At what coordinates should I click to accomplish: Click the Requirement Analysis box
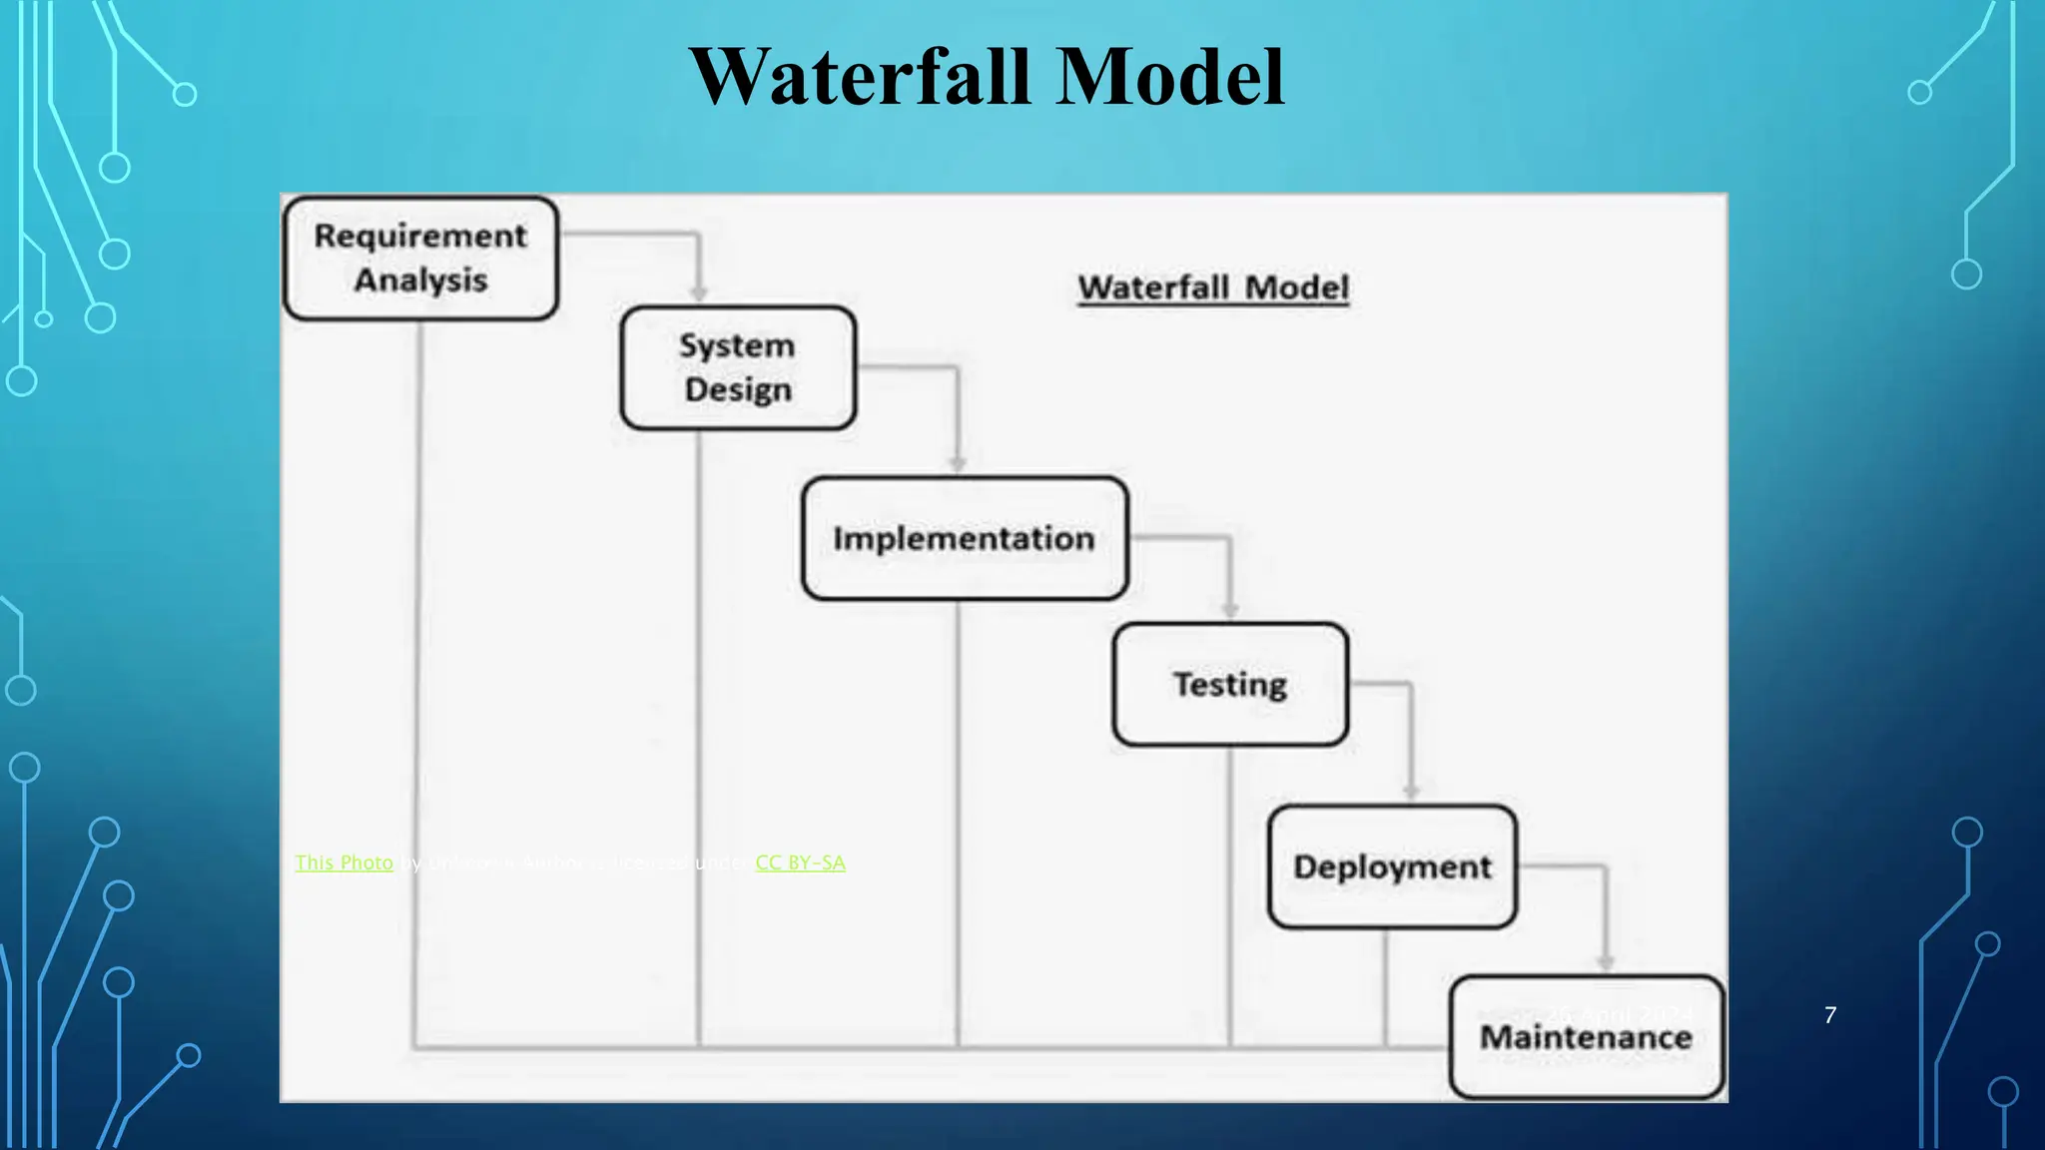[420, 259]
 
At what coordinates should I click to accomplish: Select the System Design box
[738, 368]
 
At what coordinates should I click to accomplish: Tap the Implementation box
[965, 538]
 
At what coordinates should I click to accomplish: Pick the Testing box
[1230, 685]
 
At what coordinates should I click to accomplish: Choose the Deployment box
[1392, 866]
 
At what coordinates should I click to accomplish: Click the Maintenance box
[1586, 1038]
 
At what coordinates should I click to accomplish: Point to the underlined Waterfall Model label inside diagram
[1213, 287]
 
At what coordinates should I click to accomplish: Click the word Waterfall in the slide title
[860, 77]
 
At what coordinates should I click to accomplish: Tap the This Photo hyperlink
[344, 862]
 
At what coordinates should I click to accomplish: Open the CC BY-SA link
[800, 862]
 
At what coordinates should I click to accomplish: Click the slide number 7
[1829, 1015]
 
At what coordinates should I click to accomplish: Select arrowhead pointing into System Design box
[699, 293]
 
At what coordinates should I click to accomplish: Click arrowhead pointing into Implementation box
[958, 464]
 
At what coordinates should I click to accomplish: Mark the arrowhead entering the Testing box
[1230, 610]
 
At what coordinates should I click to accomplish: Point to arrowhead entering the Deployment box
[1411, 792]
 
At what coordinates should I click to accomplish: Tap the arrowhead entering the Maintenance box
[1606, 962]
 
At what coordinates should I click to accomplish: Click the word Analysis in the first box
[420, 281]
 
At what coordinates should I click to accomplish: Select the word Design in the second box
[738, 390]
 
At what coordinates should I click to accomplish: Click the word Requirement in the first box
[420, 237]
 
